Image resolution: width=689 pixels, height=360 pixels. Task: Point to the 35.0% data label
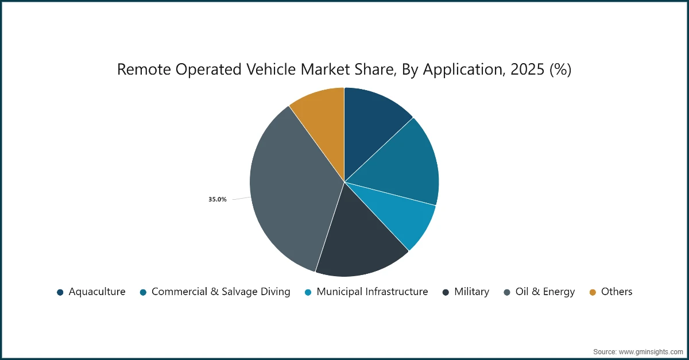coord(217,199)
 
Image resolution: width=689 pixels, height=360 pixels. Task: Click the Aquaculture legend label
coord(96,292)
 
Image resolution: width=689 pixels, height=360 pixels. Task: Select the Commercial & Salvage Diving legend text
coord(220,292)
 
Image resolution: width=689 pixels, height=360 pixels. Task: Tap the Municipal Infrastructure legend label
coord(372,292)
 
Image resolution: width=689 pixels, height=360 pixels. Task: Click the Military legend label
coord(471,292)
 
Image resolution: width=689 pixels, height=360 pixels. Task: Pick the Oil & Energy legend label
coord(544,292)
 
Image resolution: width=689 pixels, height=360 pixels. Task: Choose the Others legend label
coord(616,292)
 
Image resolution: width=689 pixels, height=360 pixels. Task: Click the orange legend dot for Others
coord(593,292)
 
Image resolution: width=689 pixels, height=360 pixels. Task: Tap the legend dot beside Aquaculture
coord(60,292)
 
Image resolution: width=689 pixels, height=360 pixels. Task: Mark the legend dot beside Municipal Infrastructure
coord(308,292)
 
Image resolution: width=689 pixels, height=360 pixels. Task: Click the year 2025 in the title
coord(529,69)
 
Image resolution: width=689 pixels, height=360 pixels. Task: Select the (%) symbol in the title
coord(560,69)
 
